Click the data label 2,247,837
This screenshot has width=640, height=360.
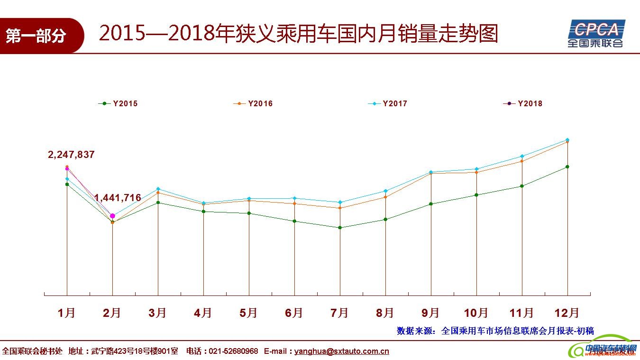click(71, 155)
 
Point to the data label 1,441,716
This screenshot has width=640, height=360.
click(118, 198)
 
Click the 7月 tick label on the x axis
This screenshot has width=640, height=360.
click(339, 313)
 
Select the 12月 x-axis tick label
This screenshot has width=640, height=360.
click(567, 313)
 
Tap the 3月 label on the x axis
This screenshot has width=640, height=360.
click(157, 313)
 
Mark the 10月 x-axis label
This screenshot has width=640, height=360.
click(476, 313)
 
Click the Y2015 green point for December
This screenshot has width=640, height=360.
click(567, 167)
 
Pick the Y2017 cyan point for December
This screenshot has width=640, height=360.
click(567, 140)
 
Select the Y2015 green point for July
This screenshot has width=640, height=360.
click(340, 228)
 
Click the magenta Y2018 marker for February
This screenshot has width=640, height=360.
click(112, 216)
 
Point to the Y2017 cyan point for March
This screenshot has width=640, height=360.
click(158, 189)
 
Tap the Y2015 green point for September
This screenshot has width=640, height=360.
click(431, 204)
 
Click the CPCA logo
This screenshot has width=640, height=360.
click(596, 33)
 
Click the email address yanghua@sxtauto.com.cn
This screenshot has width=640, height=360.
click(341, 351)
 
